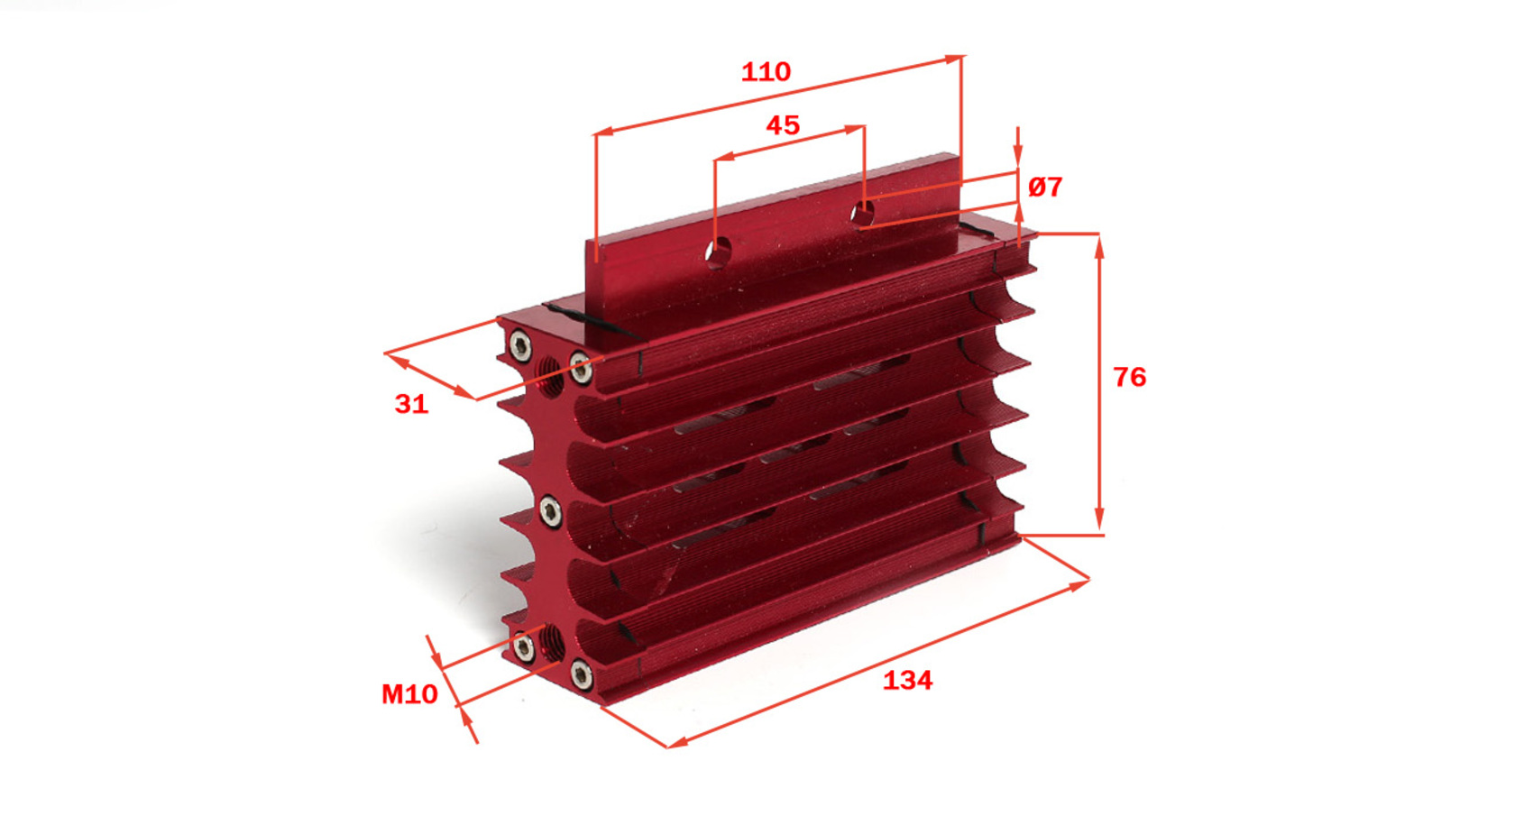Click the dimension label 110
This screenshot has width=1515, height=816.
pyautogui.click(x=766, y=71)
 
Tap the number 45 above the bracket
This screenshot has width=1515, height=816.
pyautogui.click(x=783, y=125)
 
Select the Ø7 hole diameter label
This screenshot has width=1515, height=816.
pyautogui.click(x=1045, y=187)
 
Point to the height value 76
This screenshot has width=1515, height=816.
pyautogui.click(x=1129, y=377)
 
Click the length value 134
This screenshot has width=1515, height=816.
pyautogui.click(x=907, y=680)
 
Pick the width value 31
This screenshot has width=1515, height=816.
pyautogui.click(x=411, y=404)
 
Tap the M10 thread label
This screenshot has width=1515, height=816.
pyautogui.click(x=409, y=694)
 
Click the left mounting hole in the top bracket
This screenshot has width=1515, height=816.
pyautogui.click(x=718, y=252)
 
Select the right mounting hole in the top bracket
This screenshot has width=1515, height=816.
pyautogui.click(x=862, y=214)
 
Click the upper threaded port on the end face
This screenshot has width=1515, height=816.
pyautogui.click(x=549, y=376)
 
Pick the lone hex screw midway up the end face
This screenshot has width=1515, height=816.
pyautogui.click(x=550, y=511)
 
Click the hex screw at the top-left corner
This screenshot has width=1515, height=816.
pyautogui.click(x=520, y=346)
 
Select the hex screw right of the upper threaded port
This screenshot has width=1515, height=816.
pyautogui.click(x=581, y=369)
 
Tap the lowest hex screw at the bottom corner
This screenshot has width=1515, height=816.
pyautogui.click(x=582, y=674)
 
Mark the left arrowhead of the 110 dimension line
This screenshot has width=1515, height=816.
pyautogui.click(x=604, y=131)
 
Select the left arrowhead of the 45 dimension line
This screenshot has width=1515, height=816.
pyautogui.click(x=724, y=157)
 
